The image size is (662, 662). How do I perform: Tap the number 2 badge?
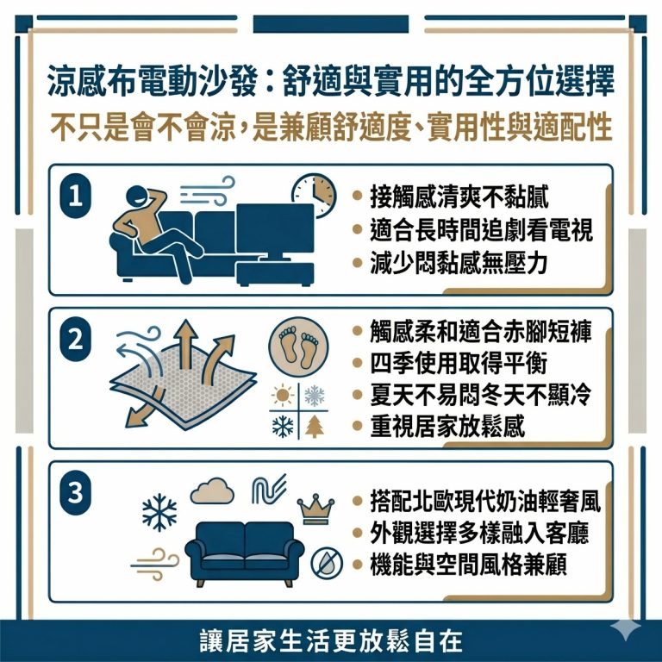[x=76, y=339]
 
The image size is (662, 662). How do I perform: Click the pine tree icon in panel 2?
[x=315, y=426]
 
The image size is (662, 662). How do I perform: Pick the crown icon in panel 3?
[x=315, y=509]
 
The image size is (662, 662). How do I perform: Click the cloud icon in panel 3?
[x=212, y=492]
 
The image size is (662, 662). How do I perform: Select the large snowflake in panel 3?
[x=159, y=515]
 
